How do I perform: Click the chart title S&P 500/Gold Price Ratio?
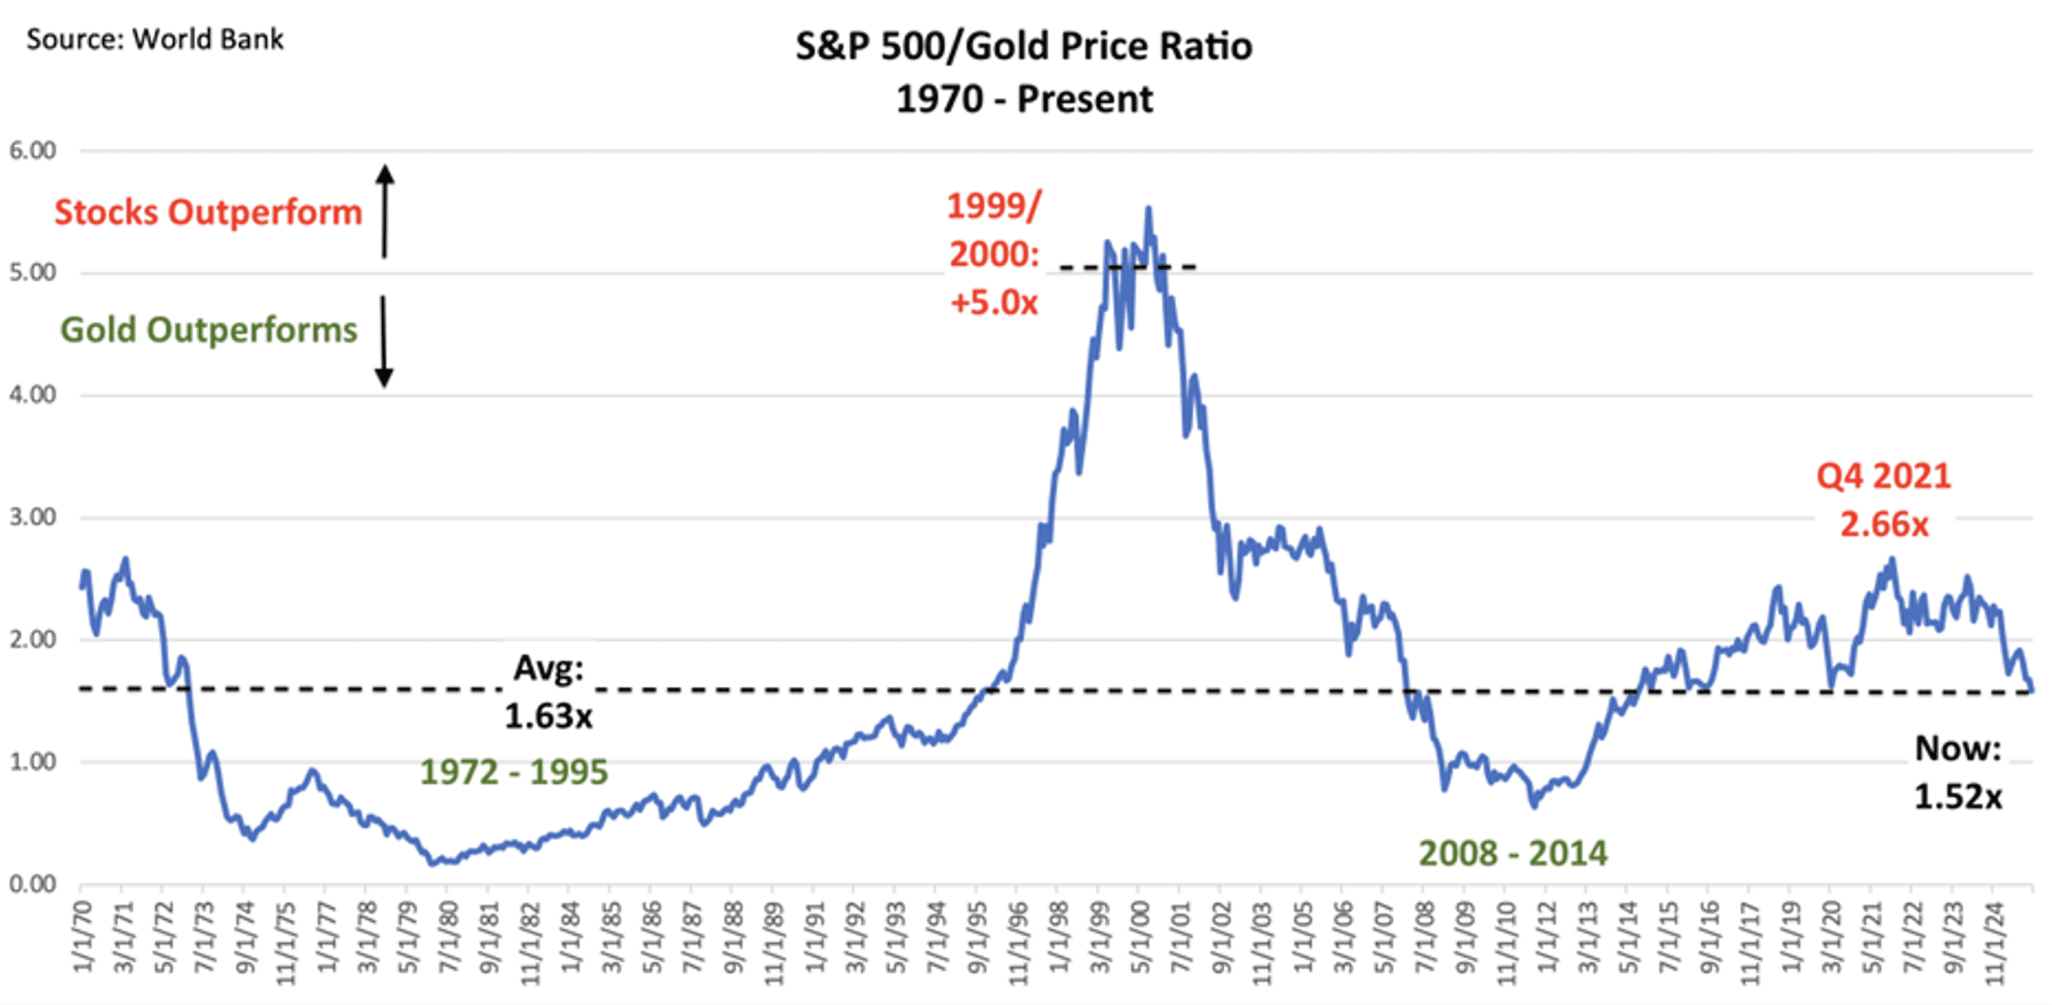pyautogui.click(x=1024, y=46)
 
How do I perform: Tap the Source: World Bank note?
pyautogui.click(x=155, y=39)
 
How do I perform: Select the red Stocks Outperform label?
pyautogui.click(x=208, y=212)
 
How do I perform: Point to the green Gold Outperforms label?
pyautogui.click(x=209, y=330)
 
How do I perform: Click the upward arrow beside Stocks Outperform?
pyautogui.click(x=384, y=210)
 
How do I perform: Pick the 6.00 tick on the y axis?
pyautogui.click(x=33, y=151)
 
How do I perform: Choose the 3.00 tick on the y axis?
pyautogui.click(x=33, y=517)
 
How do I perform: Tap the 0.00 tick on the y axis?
pyautogui.click(x=33, y=884)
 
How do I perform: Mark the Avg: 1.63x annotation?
pyautogui.click(x=549, y=693)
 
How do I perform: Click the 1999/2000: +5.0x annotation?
pyautogui.click(x=994, y=254)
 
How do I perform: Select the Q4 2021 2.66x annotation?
pyautogui.click(x=1884, y=499)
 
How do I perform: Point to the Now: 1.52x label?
pyautogui.click(x=1958, y=772)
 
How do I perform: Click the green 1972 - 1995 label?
pyautogui.click(x=514, y=772)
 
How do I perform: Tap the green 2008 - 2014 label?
pyautogui.click(x=1513, y=853)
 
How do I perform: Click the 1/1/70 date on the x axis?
pyautogui.click(x=83, y=938)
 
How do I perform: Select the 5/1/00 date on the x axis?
pyautogui.click(x=1140, y=938)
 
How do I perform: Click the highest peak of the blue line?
pyautogui.click(x=1148, y=208)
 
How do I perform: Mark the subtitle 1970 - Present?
pyautogui.click(x=1024, y=100)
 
